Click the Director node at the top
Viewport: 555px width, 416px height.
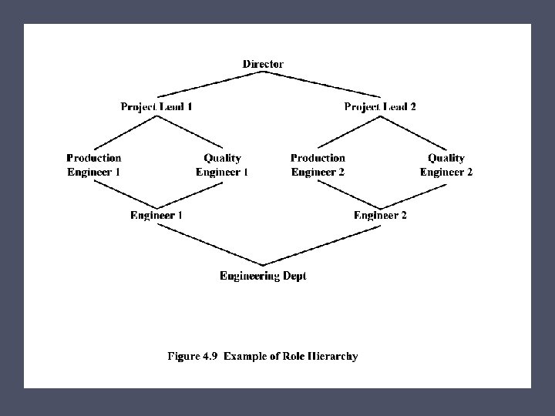coord(263,64)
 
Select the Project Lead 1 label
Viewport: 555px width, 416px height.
coord(156,106)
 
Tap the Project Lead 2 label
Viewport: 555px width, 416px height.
coord(380,106)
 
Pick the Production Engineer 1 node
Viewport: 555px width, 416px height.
coord(93,165)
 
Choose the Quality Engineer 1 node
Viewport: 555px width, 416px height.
coord(222,165)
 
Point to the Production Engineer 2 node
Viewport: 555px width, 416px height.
coord(318,165)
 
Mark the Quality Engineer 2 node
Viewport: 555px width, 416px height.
coord(446,165)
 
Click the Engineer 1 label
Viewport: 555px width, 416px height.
coord(156,215)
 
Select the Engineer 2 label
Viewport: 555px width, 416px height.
coord(380,215)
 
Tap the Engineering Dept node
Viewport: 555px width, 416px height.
coord(263,276)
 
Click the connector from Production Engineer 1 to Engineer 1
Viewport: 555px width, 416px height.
coord(123,193)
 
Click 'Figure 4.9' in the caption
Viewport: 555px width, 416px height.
coord(193,357)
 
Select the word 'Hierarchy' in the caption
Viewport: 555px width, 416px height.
coord(332,357)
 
